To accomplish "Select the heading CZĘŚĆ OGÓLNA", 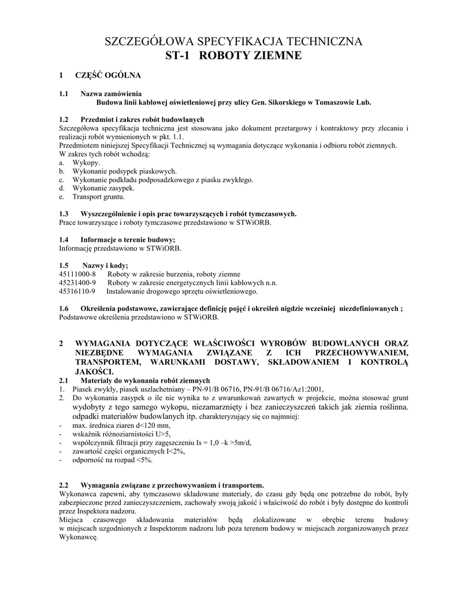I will click(x=108, y=75).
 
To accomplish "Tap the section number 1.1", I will click(x=64, y=94).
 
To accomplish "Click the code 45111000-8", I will click(x=77, y=273).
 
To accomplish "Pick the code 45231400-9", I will click(x=77, y=283).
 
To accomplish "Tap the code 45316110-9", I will click(x=77, y=291).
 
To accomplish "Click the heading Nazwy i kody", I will click(x=105, y=265).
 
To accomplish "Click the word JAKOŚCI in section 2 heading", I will click(x=95, y=371).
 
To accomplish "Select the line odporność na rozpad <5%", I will click(x=112, y=460).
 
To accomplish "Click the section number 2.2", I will click(x=64, y=484).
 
